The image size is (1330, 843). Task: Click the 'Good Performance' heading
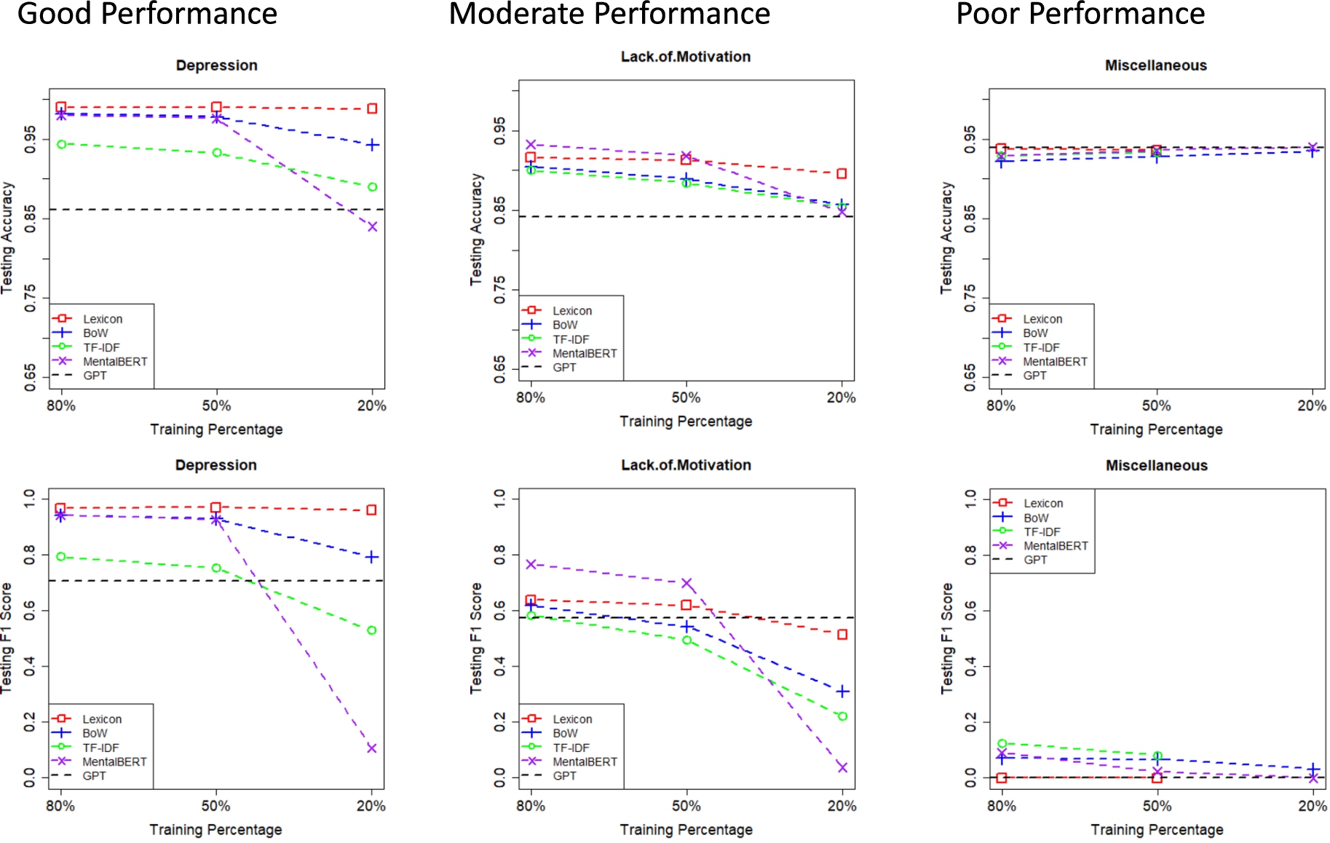[x=147, y=13]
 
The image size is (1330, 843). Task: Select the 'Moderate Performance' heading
[x=609, y=13]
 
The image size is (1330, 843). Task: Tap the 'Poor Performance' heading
[x=1080, y=13]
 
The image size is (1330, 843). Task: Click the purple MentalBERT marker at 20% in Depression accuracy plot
[x=372, y=226]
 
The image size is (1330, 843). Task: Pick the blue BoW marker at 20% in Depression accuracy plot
[x=372, y=145]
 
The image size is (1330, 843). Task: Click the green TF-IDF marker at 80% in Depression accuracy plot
[x=61, y=144]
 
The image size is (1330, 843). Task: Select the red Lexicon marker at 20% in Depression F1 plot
[x=371, y=510]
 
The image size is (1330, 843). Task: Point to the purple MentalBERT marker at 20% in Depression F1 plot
[x=371, y=748]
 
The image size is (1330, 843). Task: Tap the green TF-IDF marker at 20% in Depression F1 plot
[x=371, y=630]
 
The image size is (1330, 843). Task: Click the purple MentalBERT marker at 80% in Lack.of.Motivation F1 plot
[x=531, y=564]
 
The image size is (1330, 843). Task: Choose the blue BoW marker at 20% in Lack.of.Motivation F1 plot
[x=842, y=691]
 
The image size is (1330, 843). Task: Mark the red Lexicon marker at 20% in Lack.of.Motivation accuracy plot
[x=842, y=173]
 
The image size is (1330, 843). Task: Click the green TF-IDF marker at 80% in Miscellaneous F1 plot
[x=1002, y=743]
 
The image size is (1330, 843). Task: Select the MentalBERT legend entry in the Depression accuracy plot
[x=100, y=361]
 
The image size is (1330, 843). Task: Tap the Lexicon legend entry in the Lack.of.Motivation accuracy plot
[x=558, y=311]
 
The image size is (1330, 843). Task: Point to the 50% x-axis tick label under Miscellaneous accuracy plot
[x=1156, y=405]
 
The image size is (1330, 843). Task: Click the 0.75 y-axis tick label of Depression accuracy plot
[x=30, y=298]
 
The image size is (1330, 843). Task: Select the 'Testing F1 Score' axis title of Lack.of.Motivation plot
[x=476, y=638]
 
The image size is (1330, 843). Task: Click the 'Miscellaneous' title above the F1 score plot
[x=1157, y=465]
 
